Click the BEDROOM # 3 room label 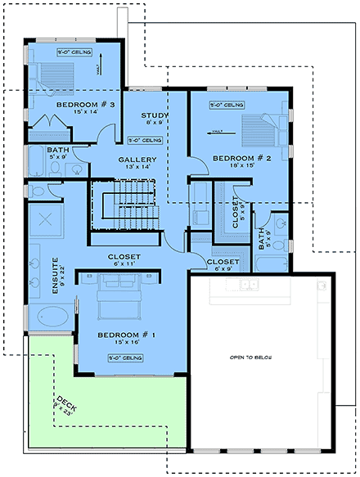tap(85, 106)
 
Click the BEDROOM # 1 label tap(125, 335)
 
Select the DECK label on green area tap(63, 405)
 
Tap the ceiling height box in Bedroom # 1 tap(125, 358)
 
